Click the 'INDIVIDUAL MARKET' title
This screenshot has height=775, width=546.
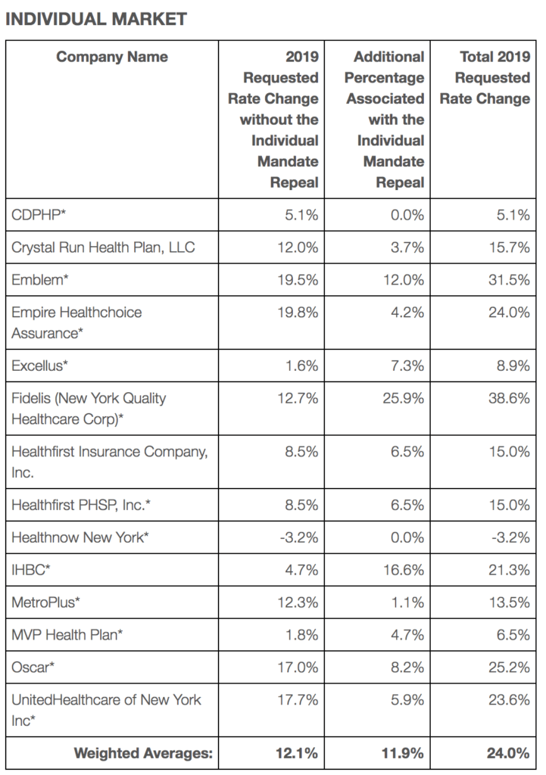(96, 19)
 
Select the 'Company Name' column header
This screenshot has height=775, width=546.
(112, 57)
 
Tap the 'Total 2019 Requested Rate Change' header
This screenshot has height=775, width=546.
(485, 78)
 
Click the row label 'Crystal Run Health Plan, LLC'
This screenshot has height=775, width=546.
(103, 247)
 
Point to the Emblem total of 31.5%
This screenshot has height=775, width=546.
(509, 280)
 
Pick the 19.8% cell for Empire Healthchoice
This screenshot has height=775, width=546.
(298, 313)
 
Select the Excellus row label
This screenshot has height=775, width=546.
(39, 366)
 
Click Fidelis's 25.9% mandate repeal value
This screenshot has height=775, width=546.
(403, 398)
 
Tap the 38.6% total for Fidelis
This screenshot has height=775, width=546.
(509, 398)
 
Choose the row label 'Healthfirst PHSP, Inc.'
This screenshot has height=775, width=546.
(81, 505)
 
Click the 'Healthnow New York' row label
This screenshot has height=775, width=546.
(80, 537)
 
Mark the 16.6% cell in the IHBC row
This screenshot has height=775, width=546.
(404, 570)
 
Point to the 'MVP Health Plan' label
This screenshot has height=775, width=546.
(67, 635)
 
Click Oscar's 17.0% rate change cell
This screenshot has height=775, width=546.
(298, 668)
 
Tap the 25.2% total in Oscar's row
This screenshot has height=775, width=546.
(509, 668)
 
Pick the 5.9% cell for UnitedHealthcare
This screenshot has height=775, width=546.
(407, 700)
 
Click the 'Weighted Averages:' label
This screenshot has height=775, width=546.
(143, 753)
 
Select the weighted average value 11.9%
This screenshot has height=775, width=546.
(403, 753)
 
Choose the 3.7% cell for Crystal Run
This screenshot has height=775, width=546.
(407, 247)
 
